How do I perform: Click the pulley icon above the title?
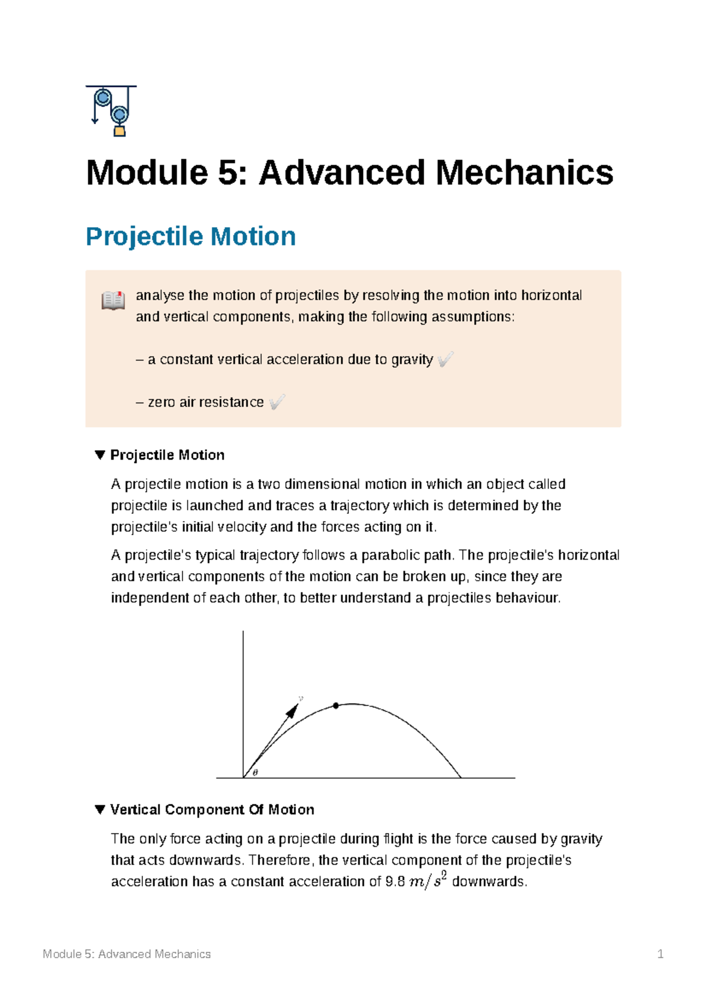click(x=111, y=111)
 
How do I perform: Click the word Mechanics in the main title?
click(x=524, y=173)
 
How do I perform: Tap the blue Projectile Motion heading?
click(x=191, y=237)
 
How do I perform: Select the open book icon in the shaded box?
click(x=113, y=300)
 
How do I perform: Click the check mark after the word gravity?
click(x=446, y=359)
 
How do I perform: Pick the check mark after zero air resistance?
click(x=277, y=402)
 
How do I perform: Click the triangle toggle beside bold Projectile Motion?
click(x=100, y=455)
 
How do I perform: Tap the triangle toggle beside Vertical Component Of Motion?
click(x=100, y=810)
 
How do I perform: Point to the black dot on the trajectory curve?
click(x=336, y=705)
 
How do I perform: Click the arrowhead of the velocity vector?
click(x=292, y=710)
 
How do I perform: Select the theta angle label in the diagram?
click(x=255, y=772)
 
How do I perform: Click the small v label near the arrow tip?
click(x=301, y=699)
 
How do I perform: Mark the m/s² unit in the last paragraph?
click(x=428, y=881)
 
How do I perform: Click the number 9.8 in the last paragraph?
click(x=395, y=881)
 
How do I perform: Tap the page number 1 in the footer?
click(x=660, y=954)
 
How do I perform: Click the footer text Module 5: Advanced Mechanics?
click(x=126, y=954)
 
